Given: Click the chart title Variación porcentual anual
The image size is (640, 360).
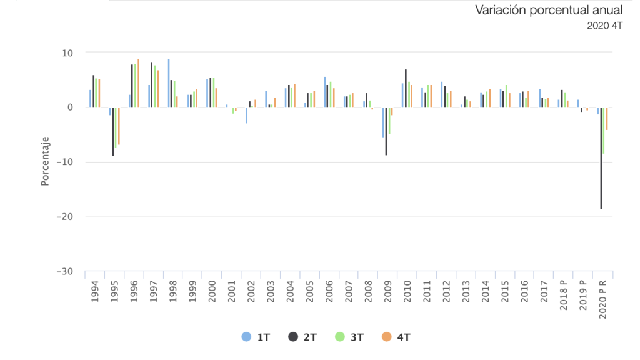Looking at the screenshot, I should click(549, 10).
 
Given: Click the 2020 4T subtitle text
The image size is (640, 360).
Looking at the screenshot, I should click(604, 26).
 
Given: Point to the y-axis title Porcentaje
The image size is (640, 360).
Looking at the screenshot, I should click(45, 161).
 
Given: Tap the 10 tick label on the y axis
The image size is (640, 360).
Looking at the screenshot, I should click(68, 53).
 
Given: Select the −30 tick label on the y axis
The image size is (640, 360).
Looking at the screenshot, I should click(64, 271).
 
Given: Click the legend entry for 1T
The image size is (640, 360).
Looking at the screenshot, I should click(256, 337).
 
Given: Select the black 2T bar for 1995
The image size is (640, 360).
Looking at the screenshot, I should click(113, 131).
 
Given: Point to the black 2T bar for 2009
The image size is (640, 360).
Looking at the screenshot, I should click(386, 131).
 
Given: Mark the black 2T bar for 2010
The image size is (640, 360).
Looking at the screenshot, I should click(406, 88).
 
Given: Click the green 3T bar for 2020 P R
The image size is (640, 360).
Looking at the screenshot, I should click(604, 131).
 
